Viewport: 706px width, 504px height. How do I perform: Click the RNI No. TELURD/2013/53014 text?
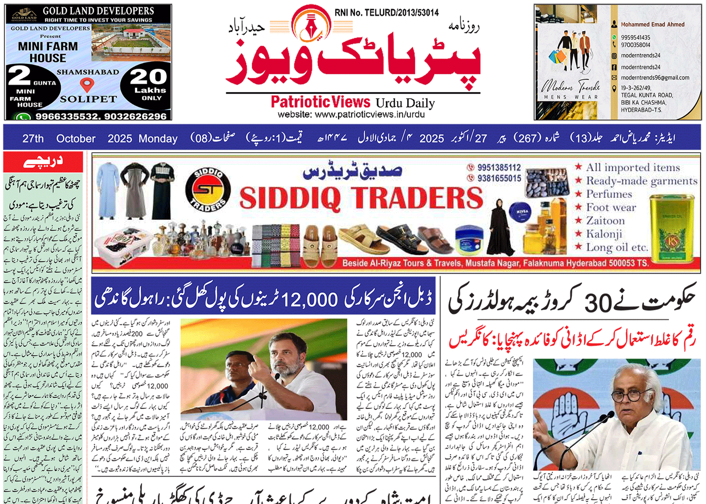pyautogui.click(x=387, y=13)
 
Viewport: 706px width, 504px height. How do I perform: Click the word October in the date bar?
pyautogui.click(x=76, y=138)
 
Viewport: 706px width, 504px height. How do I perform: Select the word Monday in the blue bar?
pyautogui.click(x=158, y=138)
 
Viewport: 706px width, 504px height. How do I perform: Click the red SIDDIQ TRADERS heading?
pyautogui.click(x=361, y=198)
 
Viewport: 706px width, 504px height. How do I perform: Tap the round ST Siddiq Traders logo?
pyautogui.click(x=208, y=190)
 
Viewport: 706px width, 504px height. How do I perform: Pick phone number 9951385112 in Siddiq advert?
pyautogui.click(x=499, y=167)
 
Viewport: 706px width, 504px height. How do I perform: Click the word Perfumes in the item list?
pyautogui.click(x=609, y=194)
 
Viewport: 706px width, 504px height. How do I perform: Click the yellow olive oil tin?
pyautogui.click(x=672, y=228)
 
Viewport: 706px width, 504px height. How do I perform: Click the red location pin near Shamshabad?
pyautogui.click(x=87, y=85)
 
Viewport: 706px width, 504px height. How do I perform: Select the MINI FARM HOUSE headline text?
pyautogui.click(x=48, y=52)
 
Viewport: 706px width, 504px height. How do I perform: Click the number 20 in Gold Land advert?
pyautogui.click(x=148, y=77)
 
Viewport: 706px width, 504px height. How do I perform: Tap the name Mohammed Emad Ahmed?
pyautogui.click(x=652, y=25)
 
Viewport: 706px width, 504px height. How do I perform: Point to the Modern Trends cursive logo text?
pyautogui.click(x=571, y=87)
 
